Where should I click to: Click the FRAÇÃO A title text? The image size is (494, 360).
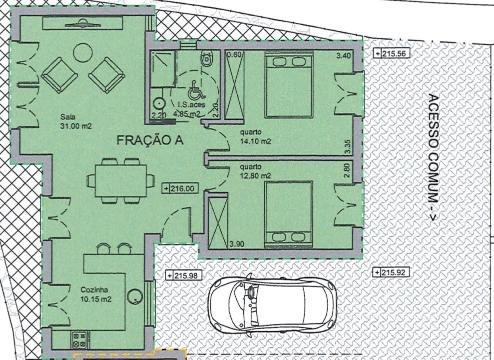coord(150,139)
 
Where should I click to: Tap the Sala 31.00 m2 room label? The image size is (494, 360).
coord(75,121)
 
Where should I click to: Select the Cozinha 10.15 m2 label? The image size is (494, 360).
coord(96,294)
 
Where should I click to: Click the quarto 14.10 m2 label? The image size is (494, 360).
coord(255,136)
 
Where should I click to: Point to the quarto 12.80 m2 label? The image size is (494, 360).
coord(255,171)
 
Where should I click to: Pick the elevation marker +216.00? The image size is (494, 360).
coord(180,188)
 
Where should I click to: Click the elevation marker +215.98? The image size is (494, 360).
coord(184,275)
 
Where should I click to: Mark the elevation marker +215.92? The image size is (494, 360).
coord(391,271)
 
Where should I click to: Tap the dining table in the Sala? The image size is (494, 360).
coord(121,180)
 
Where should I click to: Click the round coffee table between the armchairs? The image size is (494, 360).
coord(82,52)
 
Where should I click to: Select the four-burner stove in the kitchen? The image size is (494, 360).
coord(79,340)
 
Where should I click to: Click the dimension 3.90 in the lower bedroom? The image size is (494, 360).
coord(237,244)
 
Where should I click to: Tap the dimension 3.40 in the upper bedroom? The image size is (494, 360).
coord(344,56)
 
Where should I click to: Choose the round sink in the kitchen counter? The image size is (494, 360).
coord(135,296)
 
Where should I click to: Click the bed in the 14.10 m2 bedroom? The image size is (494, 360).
coord(289,84)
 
